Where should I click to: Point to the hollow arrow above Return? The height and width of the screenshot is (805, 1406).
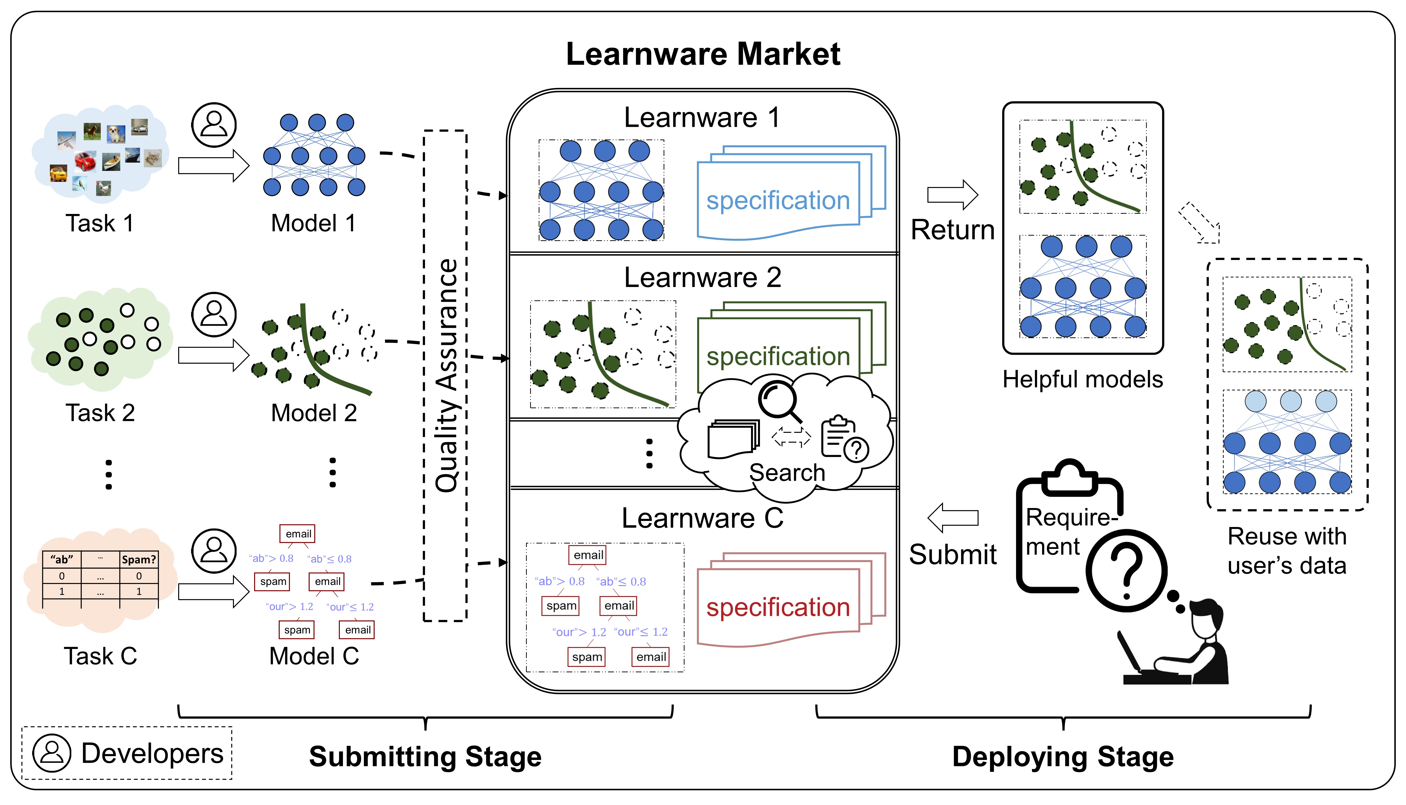coord(952,194)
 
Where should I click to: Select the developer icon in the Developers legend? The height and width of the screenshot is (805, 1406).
coord(51,753)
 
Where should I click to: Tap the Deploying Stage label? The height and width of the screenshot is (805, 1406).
coord(1063,756)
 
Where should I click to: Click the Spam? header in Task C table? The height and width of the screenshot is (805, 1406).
coord(139,560)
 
